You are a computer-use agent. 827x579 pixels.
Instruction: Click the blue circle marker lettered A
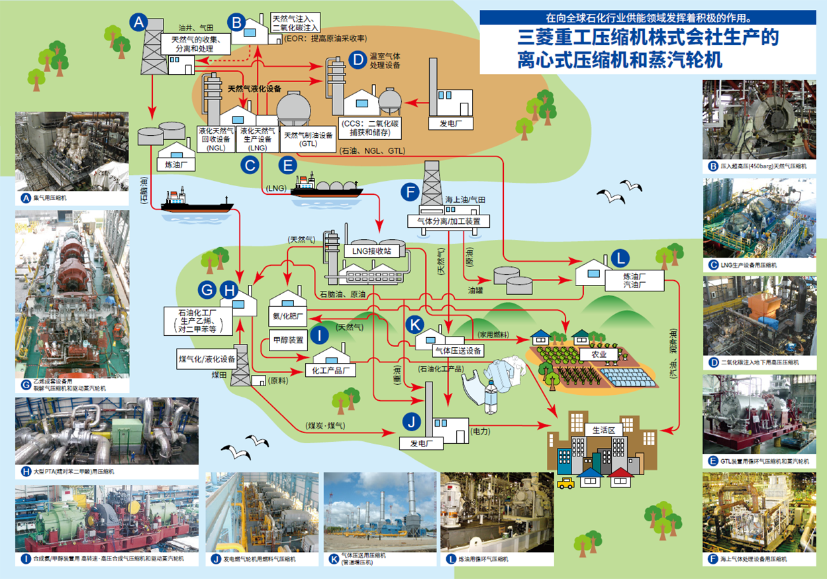138,23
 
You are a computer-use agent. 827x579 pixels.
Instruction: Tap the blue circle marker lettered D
357,60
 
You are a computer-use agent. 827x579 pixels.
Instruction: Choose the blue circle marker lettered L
619,258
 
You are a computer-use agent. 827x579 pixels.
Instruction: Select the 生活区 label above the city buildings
603,429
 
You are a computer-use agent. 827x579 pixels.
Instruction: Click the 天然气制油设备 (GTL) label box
308,139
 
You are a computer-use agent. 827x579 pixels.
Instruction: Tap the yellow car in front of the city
565,483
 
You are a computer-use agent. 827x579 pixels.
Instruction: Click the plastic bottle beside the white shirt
491,396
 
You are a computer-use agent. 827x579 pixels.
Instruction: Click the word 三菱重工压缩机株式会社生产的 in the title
648,37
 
